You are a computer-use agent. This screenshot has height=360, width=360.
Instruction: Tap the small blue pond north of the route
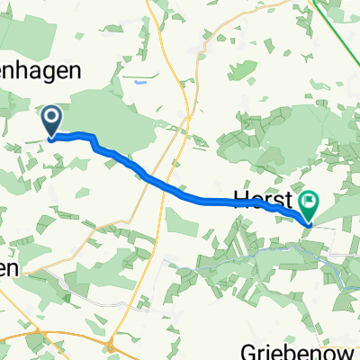pos(139,82)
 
